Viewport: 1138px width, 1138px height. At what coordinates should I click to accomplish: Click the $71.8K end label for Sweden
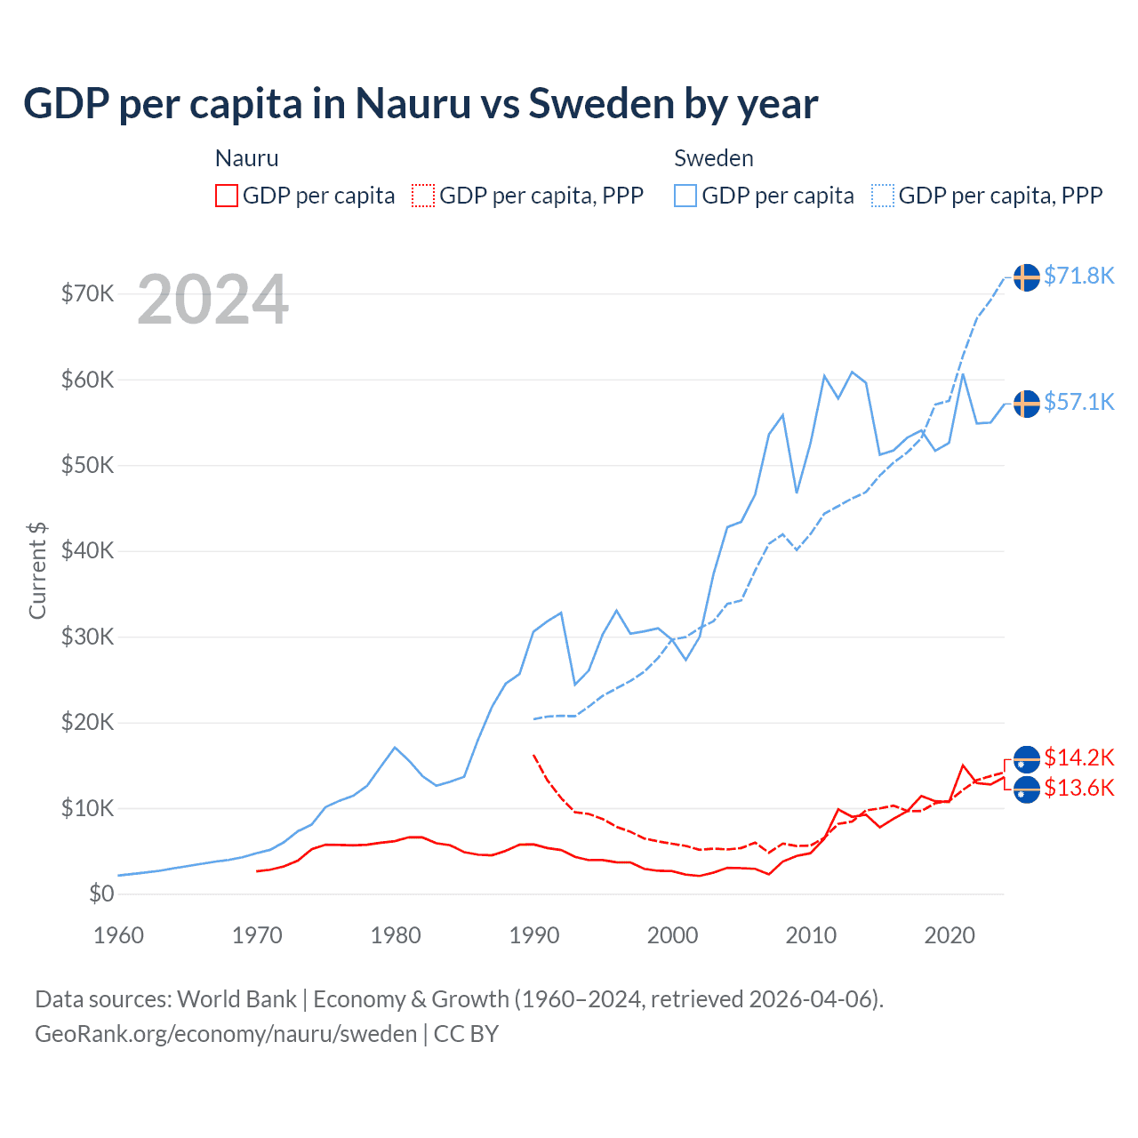[1078, 276]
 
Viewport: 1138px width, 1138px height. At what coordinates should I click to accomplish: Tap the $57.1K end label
[1078, 402]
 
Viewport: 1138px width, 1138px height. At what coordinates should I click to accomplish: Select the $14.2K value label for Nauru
[1078, 757]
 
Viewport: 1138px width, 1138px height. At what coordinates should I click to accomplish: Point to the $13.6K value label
[1078, 788]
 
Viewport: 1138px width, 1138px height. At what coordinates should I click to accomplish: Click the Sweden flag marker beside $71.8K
[1027, 277]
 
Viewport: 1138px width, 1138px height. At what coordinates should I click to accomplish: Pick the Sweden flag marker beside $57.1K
[1027, 404]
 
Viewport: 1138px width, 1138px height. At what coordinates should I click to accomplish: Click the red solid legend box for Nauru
[227, 196]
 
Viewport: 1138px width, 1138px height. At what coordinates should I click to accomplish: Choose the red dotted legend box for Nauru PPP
[423, 196]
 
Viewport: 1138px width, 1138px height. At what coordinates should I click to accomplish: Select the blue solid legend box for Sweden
[685, 196]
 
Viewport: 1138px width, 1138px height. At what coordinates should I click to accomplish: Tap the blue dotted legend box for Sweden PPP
[883, 196]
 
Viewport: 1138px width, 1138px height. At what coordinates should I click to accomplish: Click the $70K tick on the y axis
[87, 293]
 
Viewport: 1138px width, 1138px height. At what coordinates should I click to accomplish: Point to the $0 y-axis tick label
[101, 894]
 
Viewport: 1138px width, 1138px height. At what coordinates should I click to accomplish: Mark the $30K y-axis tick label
[87, 637]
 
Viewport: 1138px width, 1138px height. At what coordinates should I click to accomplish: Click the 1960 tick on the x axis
[118, 935]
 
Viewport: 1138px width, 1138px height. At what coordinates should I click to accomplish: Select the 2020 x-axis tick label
[950, 935]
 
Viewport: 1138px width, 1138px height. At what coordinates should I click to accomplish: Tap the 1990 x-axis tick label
[534, 935]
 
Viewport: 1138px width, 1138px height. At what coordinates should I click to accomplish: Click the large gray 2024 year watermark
[213, 300]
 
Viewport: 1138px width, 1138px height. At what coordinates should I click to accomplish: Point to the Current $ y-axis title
[37, 571]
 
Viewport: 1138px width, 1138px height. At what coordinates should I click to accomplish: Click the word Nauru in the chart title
[413, 104]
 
